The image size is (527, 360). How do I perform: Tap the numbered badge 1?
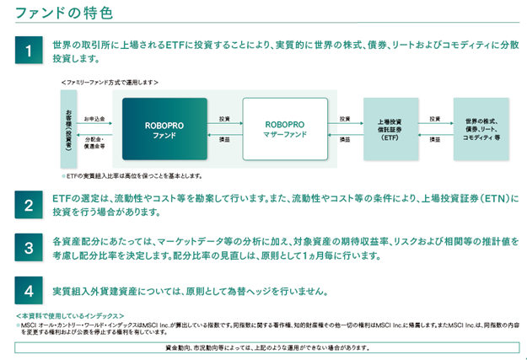click(30, 51)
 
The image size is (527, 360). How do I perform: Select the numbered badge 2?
click(30, 205)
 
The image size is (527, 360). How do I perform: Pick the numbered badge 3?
click(30, 248)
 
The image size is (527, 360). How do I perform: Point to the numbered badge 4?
click(30, 291)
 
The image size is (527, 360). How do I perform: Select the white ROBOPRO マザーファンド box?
click(284, 129)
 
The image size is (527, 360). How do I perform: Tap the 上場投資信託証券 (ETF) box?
click(390, 129)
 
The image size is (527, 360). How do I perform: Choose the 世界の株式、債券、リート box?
click(481, 129)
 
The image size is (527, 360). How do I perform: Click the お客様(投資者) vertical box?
click(68, 129)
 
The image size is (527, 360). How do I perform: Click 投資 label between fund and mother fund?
click(223, 119)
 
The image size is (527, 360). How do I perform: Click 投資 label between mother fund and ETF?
click(344, 119)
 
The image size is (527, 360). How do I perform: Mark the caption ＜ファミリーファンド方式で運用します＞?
click(110, 82)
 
